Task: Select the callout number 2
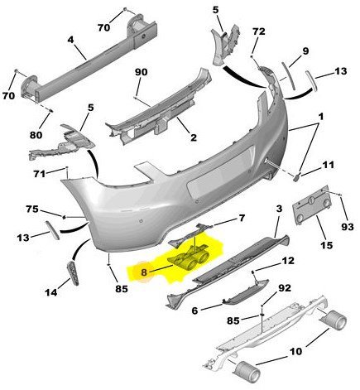coord(192,138)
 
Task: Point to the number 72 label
coord(258,31)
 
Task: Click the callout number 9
coord(305,51)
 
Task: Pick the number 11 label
coord(329,165)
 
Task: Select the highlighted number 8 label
coord(144,270)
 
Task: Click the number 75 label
coord(31,209)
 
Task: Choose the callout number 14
coord(51,292)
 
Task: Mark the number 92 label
coord(283,289)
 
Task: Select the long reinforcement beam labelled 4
coord(91,66)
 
